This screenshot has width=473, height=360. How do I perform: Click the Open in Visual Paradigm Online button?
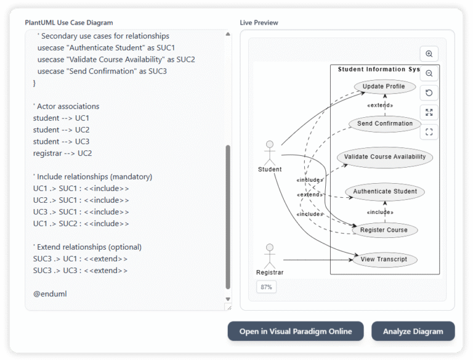[x=296, y=331]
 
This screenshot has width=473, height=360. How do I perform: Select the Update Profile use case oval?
[x=384, y=86]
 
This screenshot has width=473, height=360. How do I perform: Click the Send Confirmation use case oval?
[x=385, y=123]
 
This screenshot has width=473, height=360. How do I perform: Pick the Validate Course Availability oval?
[x=385, y=157]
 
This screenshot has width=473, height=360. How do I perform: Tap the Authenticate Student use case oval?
[x=385, y=191]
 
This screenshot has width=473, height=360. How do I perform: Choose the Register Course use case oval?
[x=384, y=230]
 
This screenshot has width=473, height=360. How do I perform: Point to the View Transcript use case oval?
[x=384, y=259]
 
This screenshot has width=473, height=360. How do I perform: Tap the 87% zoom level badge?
[x=267, y=287]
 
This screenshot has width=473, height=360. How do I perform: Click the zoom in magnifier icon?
[x=429, y=54]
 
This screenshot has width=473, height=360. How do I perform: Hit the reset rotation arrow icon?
[x=429, y=93]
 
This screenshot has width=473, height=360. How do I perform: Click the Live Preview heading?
[x=259, y=23]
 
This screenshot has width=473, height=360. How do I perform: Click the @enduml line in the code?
[x=50, y=293]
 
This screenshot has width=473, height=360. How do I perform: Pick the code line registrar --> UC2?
[x=62, y=153]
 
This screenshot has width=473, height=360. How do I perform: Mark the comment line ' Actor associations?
[x=66, y=106]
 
